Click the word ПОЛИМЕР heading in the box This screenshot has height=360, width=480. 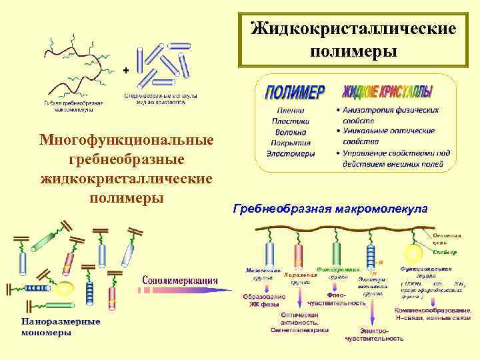(x=296, y=92)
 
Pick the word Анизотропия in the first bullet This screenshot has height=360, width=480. (x=371, y=109)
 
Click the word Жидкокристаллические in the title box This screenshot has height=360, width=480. (x=353, y=29)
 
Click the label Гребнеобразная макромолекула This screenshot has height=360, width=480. (x=330, y=209)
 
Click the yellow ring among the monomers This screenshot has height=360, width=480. (x=65, y=289)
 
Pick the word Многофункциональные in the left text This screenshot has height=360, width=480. (x=127, y=141)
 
